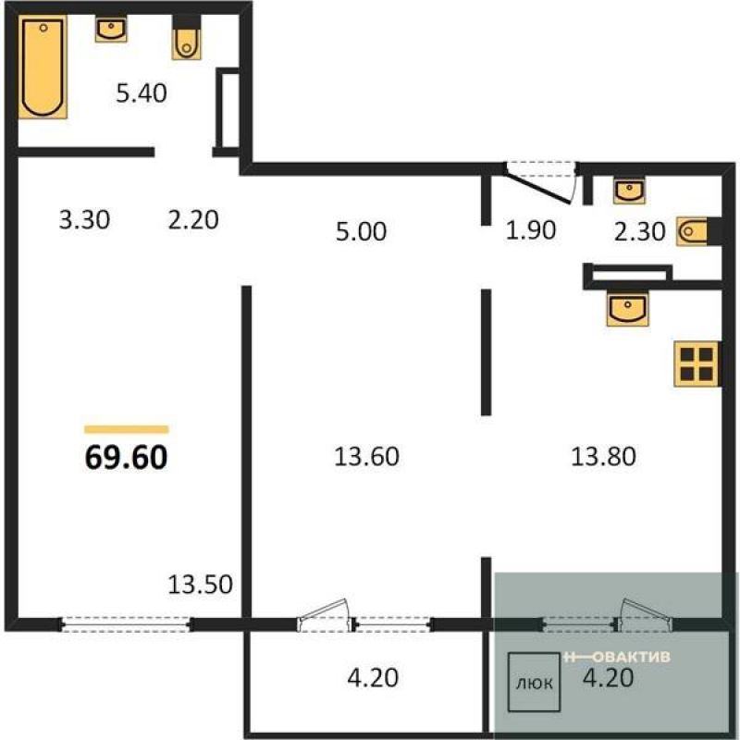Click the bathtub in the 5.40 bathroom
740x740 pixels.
click(43, 67)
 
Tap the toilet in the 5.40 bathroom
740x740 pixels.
click(187, 39)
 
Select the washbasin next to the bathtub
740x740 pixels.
click(111, 30)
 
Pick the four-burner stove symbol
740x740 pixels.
click(697, 364)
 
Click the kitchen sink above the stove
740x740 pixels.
click(628, 309)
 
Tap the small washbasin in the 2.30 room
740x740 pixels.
click(629, 191)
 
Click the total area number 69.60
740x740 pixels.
click(126, 457)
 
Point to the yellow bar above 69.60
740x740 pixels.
click(127, 429)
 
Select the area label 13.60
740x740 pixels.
click(366, 456)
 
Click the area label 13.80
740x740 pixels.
click(603, 456)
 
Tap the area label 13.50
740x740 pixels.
click(200, 585)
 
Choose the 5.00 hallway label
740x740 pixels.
click(361, 231)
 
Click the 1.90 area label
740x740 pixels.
click(530, 230)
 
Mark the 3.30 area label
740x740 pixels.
click(84, 220)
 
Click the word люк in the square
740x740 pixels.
click(535, 683)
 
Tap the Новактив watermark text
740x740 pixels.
click(617, 657)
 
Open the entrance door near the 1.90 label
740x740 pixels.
click(540, 182)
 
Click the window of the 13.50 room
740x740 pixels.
click(126, 623)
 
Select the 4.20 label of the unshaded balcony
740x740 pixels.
click(373, 678)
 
